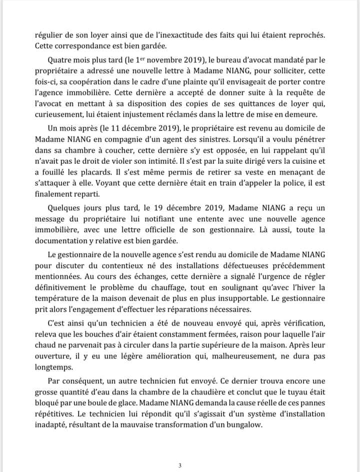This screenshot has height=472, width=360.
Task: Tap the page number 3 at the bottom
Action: click(180, 465)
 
